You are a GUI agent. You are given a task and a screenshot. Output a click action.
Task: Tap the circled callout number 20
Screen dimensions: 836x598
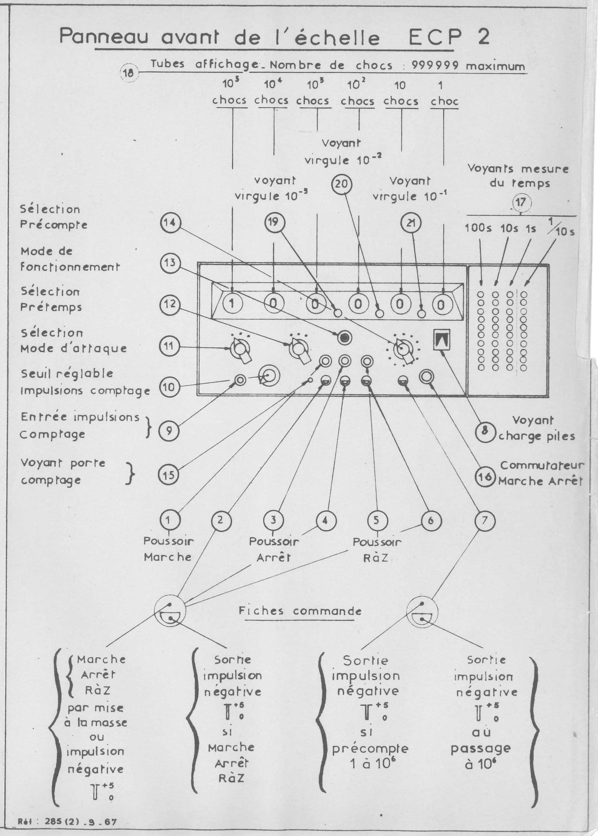point(342,184)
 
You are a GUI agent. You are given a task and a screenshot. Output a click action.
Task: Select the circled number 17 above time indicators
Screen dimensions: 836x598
point(520,202)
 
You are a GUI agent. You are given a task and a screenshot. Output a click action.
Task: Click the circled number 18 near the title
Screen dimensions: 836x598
point(129,72)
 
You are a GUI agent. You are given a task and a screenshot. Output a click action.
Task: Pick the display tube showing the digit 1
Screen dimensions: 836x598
point(232,304)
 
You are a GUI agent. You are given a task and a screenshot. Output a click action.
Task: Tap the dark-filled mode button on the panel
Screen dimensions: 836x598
point(345,338)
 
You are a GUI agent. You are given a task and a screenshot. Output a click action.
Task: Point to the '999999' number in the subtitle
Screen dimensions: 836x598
point(436,66)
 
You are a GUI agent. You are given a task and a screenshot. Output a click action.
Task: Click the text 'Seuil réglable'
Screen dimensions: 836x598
point(67,374)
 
